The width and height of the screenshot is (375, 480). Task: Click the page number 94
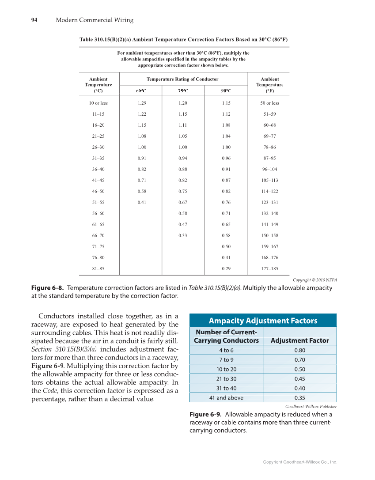34,20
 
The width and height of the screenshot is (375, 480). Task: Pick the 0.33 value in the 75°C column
182,235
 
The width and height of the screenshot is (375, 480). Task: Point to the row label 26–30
98,147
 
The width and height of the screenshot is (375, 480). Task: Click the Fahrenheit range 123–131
269,202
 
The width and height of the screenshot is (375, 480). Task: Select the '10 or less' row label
98,103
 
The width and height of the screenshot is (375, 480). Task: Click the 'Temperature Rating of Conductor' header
182,79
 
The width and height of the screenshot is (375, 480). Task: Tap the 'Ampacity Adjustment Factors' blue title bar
263,321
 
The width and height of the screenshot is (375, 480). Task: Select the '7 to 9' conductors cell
226,359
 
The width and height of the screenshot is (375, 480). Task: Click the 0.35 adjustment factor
299,397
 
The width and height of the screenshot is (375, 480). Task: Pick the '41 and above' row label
226,397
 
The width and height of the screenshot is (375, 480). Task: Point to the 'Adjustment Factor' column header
299,340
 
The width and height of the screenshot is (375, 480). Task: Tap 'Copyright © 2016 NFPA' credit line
315,280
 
